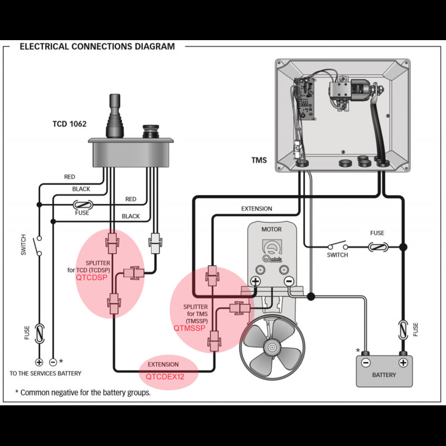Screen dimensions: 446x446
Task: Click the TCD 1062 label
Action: [x=65, y=124]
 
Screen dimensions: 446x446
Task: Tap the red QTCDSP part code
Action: [x=91, y=276]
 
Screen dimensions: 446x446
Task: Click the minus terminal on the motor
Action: [x=288, y=282]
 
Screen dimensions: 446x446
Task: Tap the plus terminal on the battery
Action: [x=403, y=362]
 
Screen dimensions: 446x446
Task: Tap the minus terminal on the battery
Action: [x=366, y=362]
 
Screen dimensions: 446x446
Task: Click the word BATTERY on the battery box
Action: [x=385, y=375]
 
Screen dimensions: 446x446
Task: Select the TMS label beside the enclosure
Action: [x=259, y=161]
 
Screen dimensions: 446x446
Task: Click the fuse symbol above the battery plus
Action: [x=403, y=329]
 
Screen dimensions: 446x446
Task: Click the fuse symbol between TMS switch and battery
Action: [x=377, y=246]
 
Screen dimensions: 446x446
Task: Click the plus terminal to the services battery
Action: [x=39, y=362]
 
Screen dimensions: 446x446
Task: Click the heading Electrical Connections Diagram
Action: [x=97, y=46]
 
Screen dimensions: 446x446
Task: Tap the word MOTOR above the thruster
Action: [x=272, y=229]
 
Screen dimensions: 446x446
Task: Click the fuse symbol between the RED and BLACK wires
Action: [x=83, y=205]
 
